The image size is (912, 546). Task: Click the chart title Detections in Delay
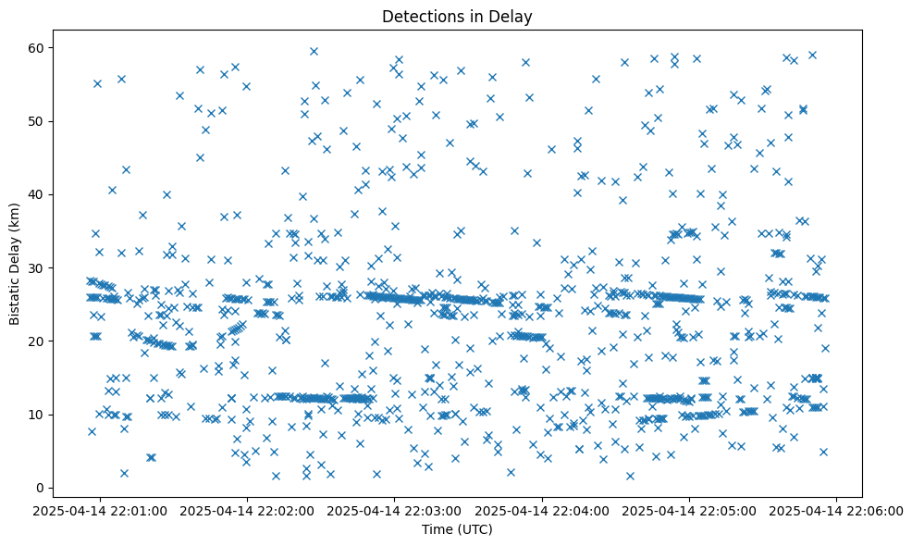point(457,16)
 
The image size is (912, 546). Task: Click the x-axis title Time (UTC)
point(457,530)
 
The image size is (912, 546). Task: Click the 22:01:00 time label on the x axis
point(100,511)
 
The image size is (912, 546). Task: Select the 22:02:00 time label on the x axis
point(248,511)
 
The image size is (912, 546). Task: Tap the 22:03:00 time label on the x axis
point(395,511)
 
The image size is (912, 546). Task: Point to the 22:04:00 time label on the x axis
point(543,511)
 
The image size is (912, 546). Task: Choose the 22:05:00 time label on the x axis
point(690,511)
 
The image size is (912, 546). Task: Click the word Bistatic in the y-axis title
point(15,295)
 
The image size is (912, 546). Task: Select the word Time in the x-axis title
point(437,530)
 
